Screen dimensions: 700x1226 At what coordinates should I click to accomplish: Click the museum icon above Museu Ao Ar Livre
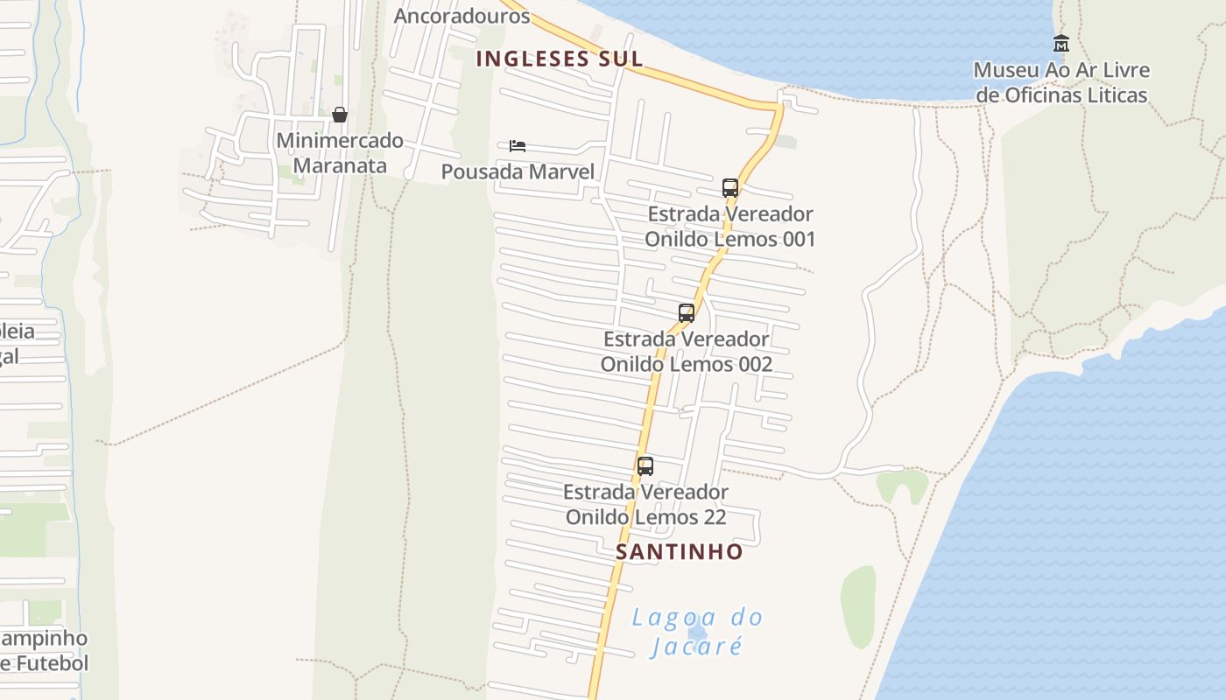click(1061, 43)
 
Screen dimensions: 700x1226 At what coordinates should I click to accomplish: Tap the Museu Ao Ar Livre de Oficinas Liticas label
click(1061, 82)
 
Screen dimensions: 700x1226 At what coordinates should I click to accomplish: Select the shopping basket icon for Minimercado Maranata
click(340, 115)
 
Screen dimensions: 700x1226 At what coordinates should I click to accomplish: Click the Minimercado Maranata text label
click(340, 152)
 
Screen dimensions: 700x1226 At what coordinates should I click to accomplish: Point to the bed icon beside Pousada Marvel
click(518, 146)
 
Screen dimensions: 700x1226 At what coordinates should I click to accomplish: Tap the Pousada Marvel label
click(518, 171)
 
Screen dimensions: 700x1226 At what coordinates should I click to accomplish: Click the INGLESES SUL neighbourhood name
click(560, 59)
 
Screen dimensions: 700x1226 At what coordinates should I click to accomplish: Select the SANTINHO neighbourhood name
click(679, 552)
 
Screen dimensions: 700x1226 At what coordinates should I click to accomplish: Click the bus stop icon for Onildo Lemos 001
click(730, 188)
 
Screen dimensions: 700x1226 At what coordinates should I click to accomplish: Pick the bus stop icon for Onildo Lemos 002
click(687, 313)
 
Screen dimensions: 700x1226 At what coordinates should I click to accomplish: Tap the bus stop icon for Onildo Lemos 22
click(645, 466)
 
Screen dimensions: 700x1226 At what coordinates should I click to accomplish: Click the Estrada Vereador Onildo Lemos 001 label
click(730, 227)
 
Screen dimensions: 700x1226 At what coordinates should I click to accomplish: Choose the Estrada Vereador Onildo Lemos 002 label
click(687, 351)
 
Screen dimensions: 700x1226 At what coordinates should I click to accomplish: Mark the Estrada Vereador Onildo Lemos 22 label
click(645, 504)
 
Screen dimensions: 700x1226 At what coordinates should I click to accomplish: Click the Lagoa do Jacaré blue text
click(697, 632)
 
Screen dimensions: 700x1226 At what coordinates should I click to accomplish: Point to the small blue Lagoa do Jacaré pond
click(697, 632)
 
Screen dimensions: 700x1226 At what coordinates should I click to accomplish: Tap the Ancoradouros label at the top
click(462, 16)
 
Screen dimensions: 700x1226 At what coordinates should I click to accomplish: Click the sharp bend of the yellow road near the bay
click(778, 106)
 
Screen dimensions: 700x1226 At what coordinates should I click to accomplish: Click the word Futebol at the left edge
click(48, 663)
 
